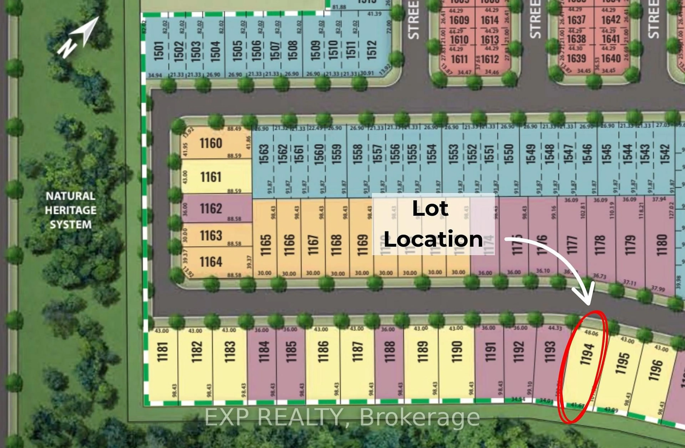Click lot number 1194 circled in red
[x=587, y=354]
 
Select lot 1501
[x=159, y=51]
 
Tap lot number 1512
[x=372, y=50]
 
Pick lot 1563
[x=264, y=154]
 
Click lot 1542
[x=665, y=154]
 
